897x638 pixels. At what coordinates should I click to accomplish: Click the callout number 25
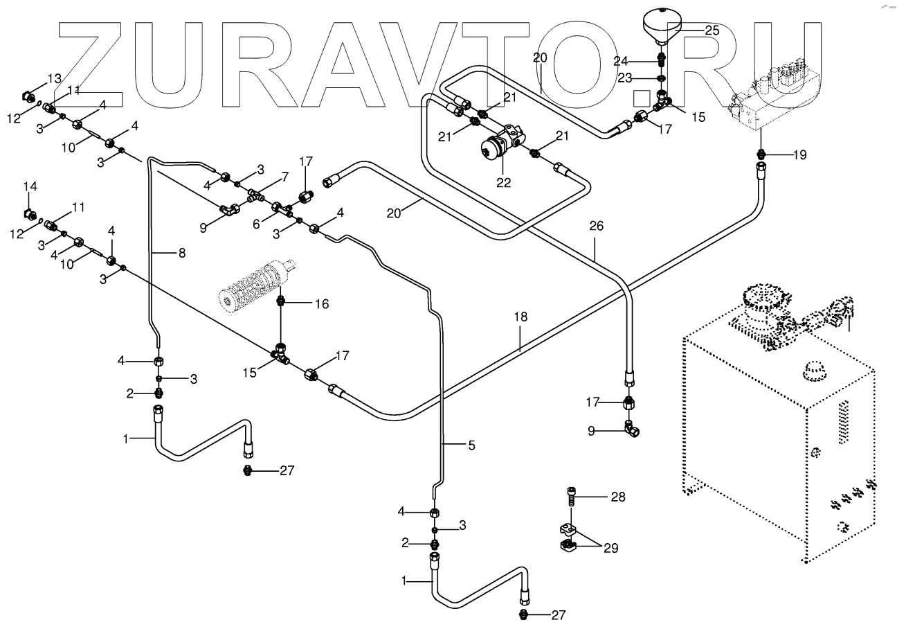click(712, 30)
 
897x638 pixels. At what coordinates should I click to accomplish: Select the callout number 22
click(503, 183)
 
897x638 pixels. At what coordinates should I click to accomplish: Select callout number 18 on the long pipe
click(520, 317)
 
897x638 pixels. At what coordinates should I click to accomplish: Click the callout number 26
click(597, 225)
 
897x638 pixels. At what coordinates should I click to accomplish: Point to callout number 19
click(799, 155)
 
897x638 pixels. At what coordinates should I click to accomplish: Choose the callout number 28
click(617, 497)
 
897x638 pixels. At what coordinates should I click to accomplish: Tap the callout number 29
click(610, 548)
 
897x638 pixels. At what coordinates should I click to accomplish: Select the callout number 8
click(181, 253)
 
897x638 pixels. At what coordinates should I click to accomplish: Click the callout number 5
click(471, 446)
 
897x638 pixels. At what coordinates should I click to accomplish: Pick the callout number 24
click(621, 60)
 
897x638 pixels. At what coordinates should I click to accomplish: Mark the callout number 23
click(625, 78)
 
